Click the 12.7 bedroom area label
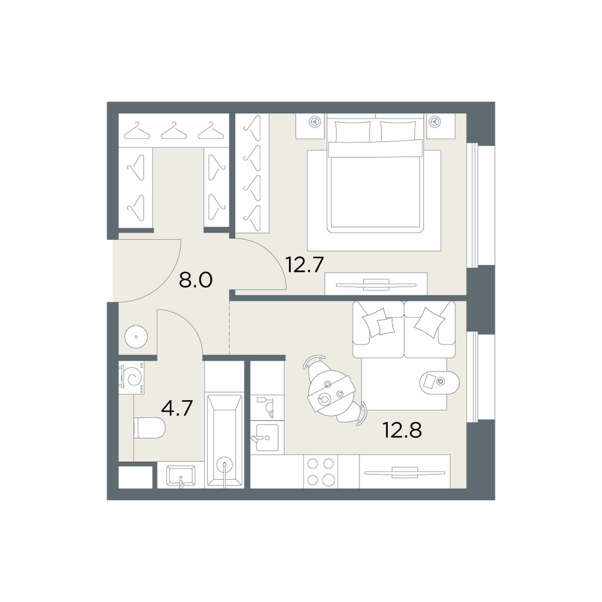[305, 264]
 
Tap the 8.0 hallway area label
[196, 281]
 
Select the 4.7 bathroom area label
[176, 408]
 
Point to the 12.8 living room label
[402, 430]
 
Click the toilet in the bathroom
[149, 428]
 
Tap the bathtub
[225, 441]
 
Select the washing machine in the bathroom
[132, 377]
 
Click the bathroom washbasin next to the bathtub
[181, 476]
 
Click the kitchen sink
[267, 438]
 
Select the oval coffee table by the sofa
[439, 382]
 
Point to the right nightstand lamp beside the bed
[435, 122]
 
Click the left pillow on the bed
[353, 131]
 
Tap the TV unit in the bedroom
[376, 285]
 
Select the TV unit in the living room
[405, 472]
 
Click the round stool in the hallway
[136, 337]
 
